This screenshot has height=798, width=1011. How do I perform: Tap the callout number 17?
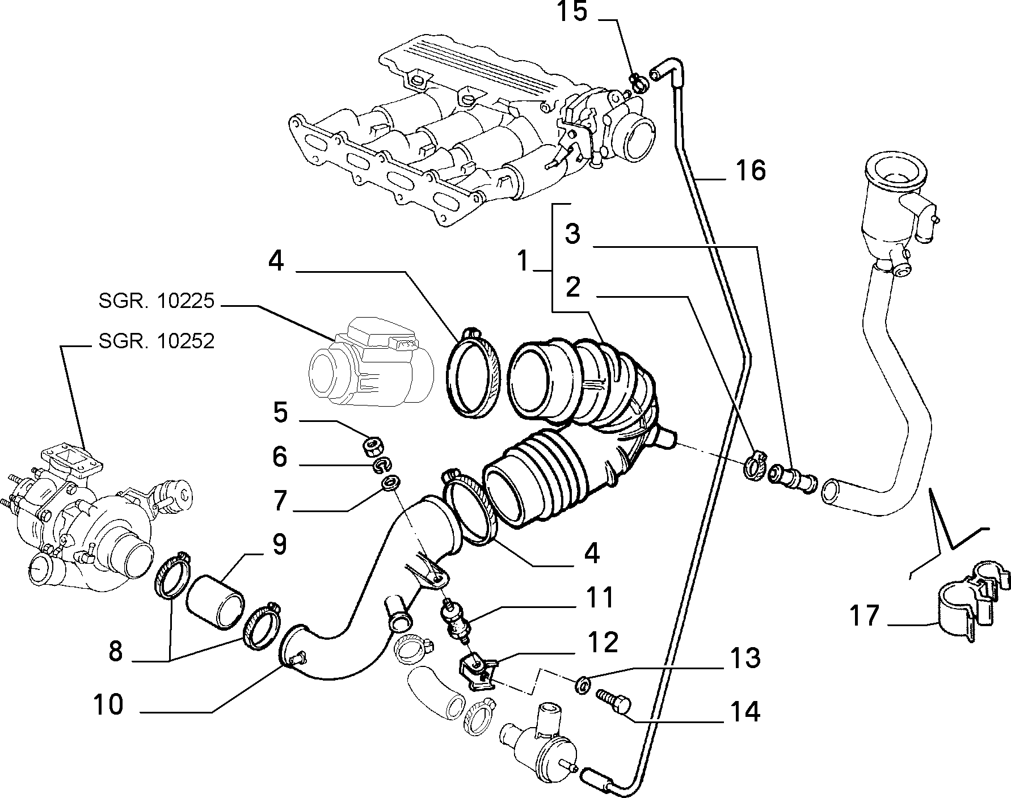(864, 615)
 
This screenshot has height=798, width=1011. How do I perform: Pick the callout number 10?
(109, 704)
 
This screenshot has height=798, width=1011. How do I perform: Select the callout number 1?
(524, 262)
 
